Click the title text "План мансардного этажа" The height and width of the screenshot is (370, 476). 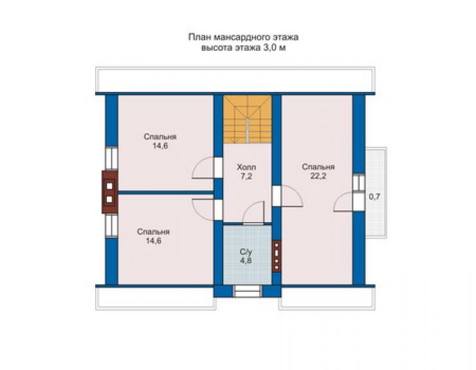[x=243, y=37]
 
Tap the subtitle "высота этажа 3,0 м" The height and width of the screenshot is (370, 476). [x=243, y=48]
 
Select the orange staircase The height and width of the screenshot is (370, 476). [x=247, y=119]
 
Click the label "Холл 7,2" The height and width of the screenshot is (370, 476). [x=246, y=172]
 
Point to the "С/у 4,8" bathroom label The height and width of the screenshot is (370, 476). [x=246, y=256]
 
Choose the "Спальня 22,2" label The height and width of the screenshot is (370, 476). [x=318, y=171]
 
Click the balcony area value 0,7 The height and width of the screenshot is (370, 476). [x=374, y=196]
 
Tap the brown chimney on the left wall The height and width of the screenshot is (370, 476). [x=109, y=192]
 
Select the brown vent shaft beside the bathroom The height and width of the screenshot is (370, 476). [x=277, y=256]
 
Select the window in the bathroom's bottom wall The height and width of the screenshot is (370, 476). [x=247, y=291]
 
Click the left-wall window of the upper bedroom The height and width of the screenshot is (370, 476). [x=111, y=158]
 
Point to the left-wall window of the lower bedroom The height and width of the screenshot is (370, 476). [x=111, y=226]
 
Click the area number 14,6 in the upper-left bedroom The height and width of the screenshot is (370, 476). [x=160, y=146]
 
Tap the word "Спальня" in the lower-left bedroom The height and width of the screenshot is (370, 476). [x=153, y=232]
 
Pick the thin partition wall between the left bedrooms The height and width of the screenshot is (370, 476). [x=166, y=192]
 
